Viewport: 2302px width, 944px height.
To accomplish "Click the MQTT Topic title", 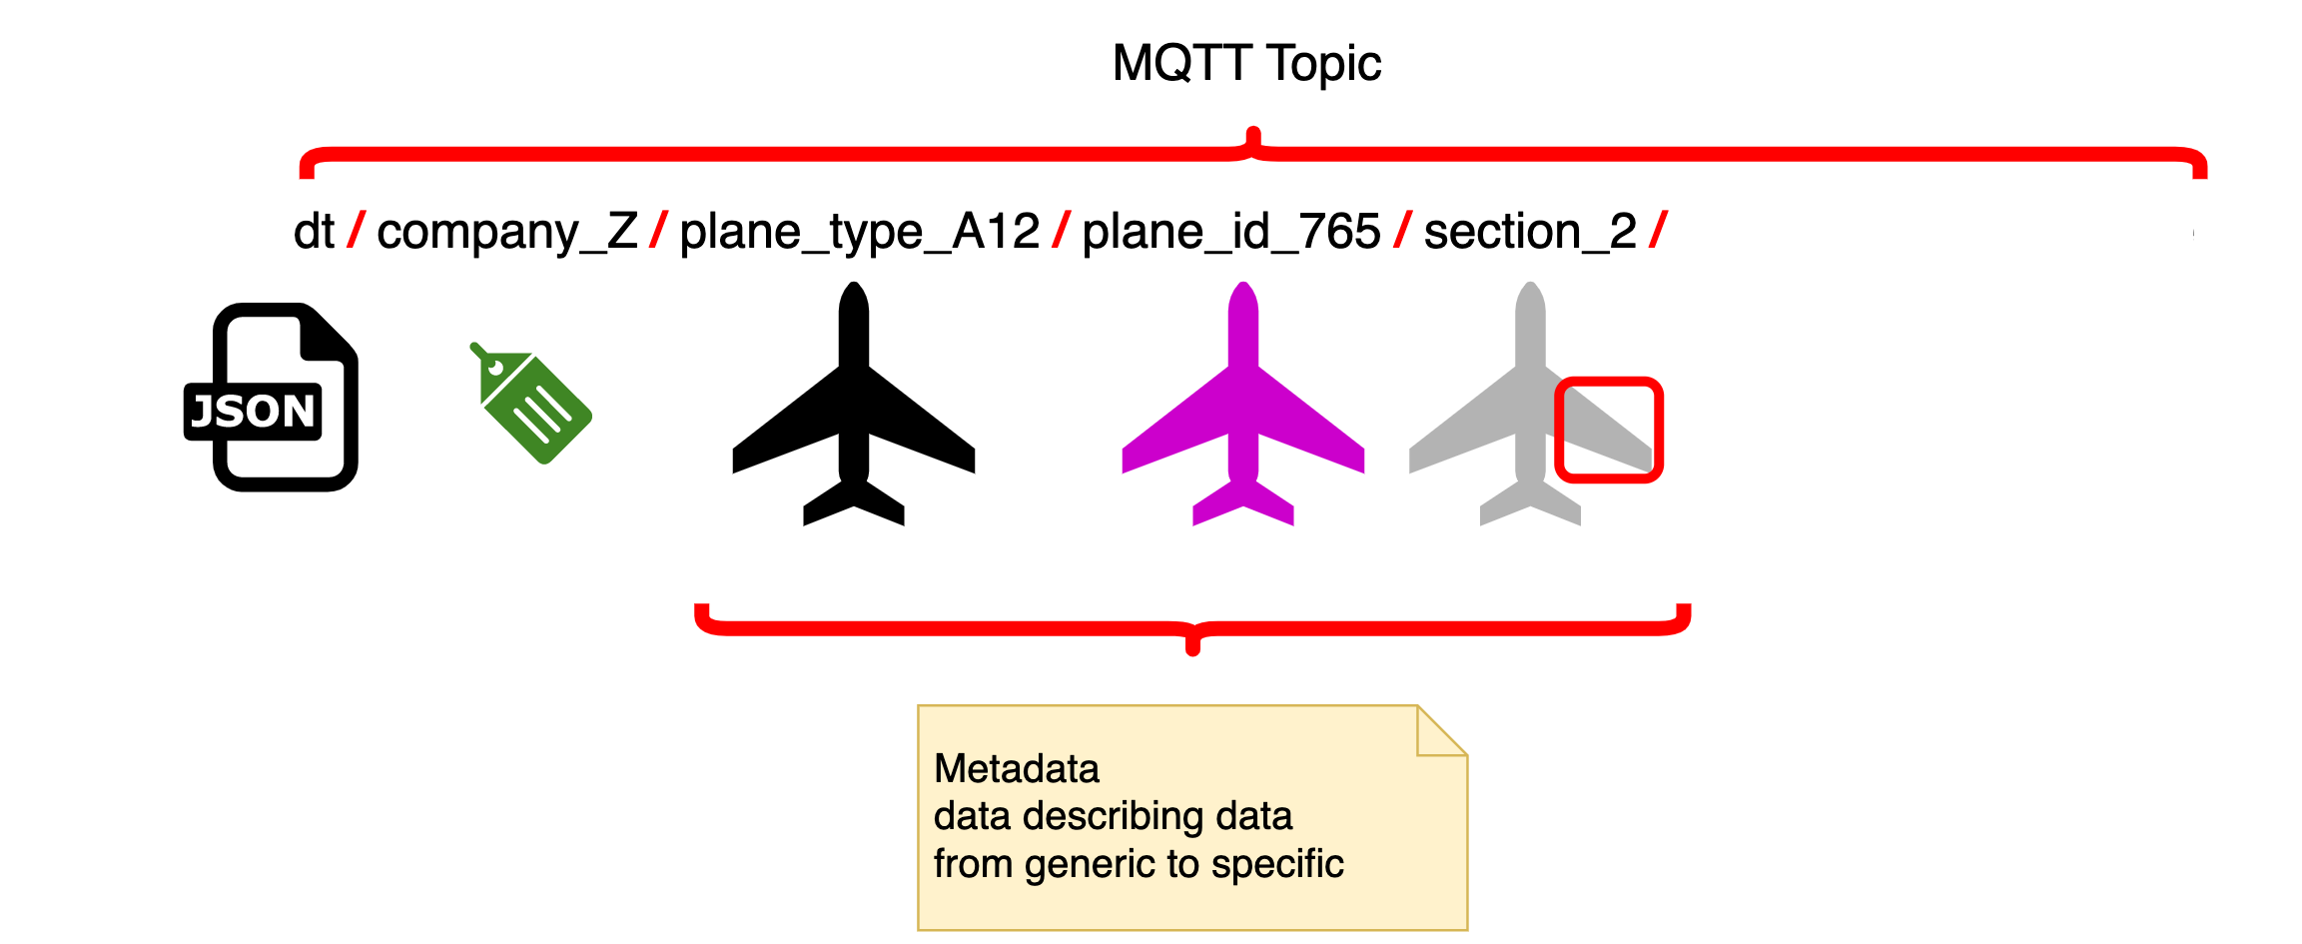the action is coord(1246,64).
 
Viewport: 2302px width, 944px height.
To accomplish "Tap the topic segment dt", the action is coord(315,232).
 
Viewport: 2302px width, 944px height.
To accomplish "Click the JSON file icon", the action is coord(271,397).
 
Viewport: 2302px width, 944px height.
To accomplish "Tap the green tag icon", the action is coord(531,403).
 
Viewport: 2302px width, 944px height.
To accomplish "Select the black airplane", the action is coord(854,404).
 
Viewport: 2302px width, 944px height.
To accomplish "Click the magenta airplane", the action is coord(1243,404).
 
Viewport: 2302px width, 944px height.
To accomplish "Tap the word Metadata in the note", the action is coord(1017,768).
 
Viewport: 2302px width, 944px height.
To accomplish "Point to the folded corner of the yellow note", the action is coord(1442,731).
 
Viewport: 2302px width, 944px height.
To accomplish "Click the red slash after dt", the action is coord(357,231).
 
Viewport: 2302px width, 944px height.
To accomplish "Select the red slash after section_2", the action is coord(1659,231).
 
